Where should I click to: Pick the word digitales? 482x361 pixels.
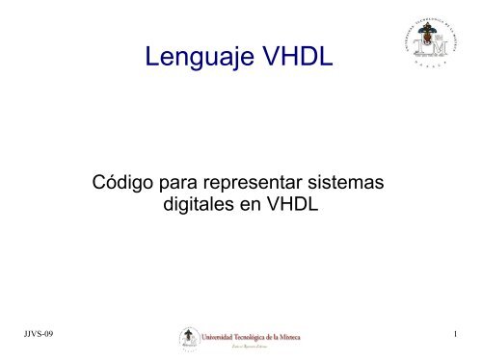(x=199, y=204)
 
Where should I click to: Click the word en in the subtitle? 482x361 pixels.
(x=249, y=204)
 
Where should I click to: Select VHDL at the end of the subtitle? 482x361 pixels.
(x=287, y=204)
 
